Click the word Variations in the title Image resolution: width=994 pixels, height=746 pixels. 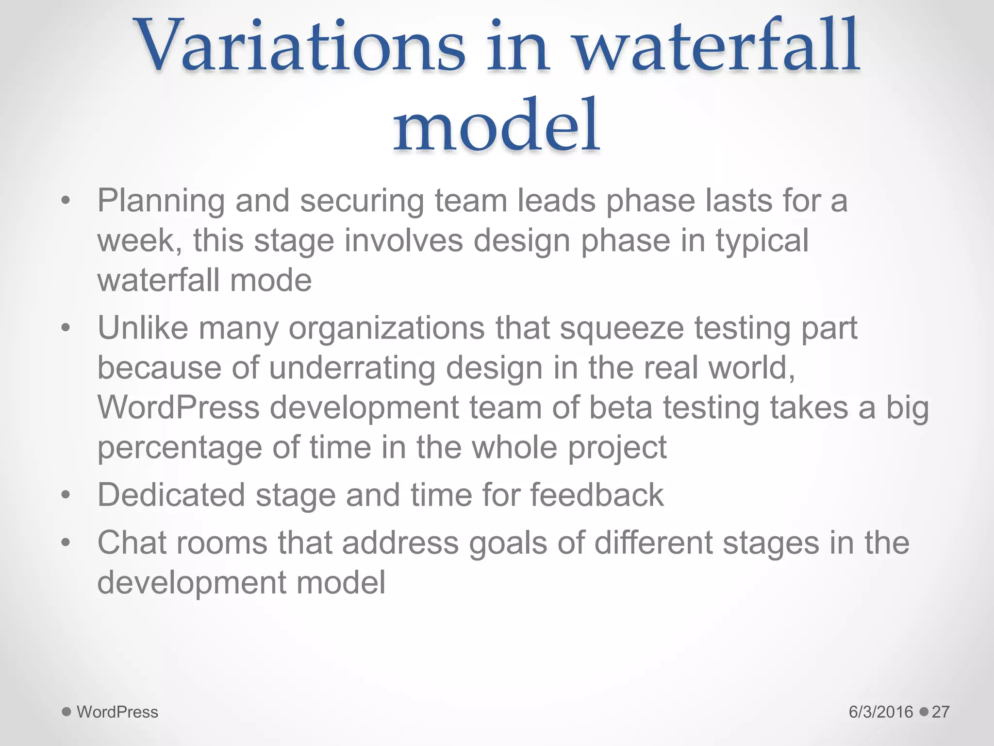(x=301, y=46)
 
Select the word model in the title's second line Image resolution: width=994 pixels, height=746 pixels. (x=497, y=126)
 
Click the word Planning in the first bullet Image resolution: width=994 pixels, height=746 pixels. (x=161, y=201)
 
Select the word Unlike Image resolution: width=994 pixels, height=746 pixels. (x=143, y=328)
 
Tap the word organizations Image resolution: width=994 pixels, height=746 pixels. (x=386, y=329)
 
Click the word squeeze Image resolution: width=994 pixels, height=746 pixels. (x=622, y=329)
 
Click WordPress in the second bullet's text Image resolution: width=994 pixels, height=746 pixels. (x=178, y=407)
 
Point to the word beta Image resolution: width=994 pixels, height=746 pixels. (x=621, y=407)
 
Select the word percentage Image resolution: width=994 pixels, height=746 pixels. (x=180, y=448)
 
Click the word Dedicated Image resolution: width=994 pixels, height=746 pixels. (x=171, y=495)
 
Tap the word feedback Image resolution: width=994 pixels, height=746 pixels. (x=596, y=495)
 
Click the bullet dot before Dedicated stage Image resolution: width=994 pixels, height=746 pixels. (x=66, y=495)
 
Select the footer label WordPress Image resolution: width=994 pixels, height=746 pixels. (x=117, y=712)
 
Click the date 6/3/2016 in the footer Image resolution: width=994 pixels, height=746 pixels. (x=880, y=712)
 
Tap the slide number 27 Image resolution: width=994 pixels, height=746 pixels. (x=940, y=712)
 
